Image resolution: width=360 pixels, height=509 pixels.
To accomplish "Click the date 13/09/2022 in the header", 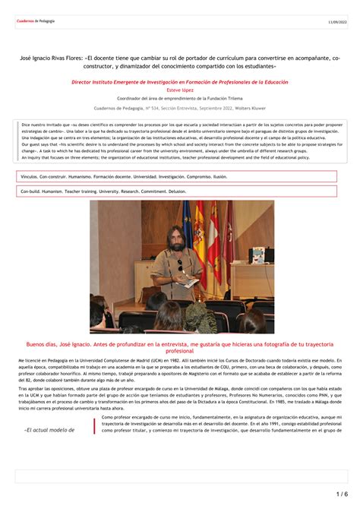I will coord(336,23).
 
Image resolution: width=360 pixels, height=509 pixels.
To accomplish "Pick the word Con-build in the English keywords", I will coord(30,192).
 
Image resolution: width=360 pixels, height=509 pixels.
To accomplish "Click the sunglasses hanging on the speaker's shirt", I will coord(180,266).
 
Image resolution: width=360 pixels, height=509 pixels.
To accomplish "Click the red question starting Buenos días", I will coord(180,346).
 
